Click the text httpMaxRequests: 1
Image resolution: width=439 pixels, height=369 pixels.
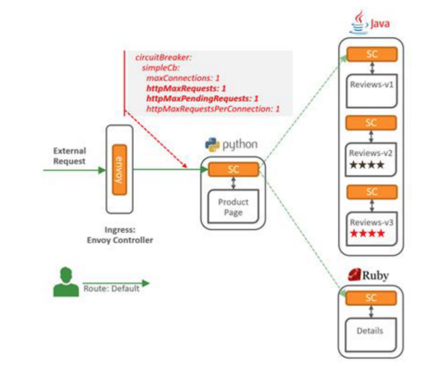(186, 89)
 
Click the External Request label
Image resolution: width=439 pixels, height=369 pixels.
(70, 156)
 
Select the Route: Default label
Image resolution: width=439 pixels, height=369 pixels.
(111, 289)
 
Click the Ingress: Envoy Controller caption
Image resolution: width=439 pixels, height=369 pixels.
(119, 235)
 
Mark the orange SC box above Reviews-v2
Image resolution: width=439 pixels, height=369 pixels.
(372, 123)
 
